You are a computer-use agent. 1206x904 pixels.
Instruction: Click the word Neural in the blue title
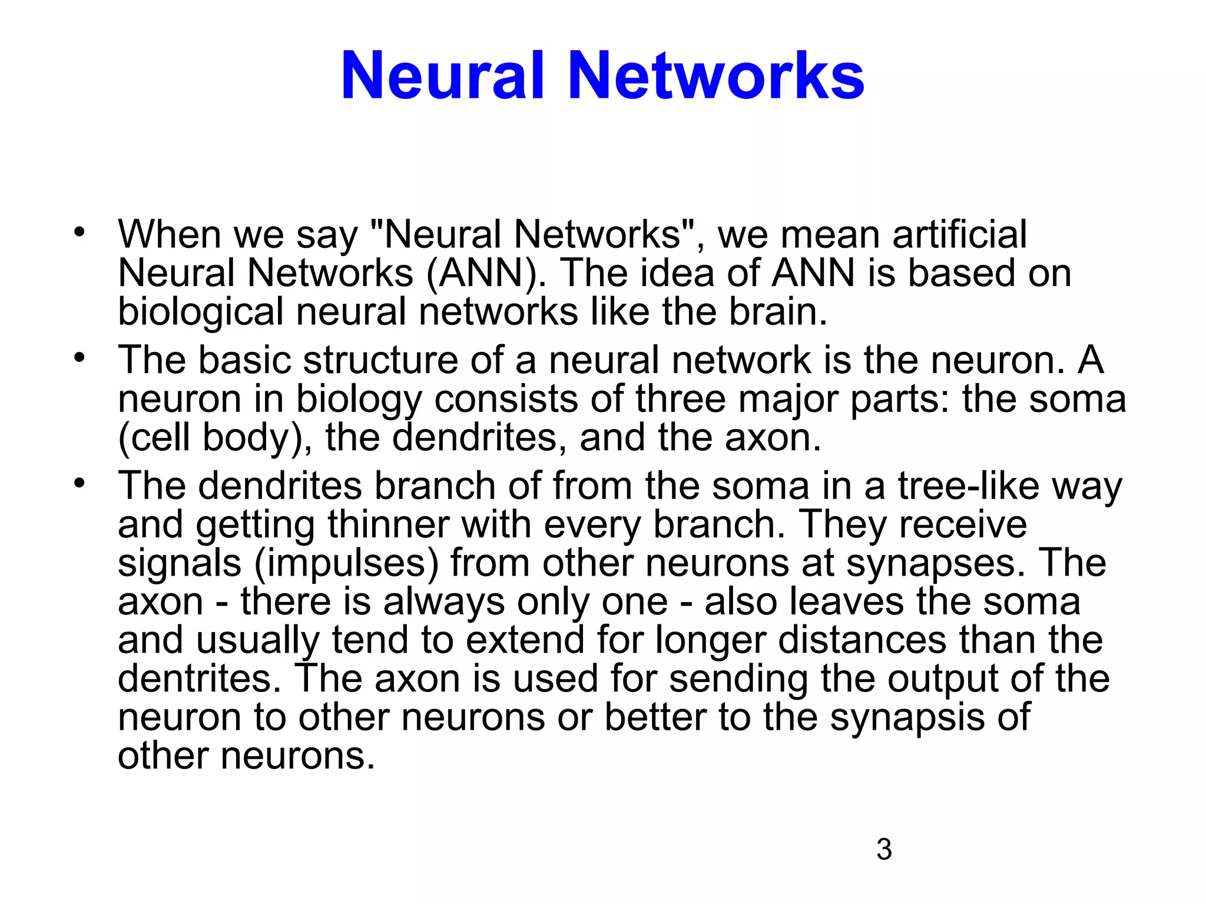coord(443,77)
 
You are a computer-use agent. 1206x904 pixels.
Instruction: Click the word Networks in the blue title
coord(716,77)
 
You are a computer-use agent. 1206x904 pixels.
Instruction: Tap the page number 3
coord(884,850)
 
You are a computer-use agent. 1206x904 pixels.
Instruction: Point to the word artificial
coord(960,234)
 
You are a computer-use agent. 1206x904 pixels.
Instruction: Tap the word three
coord(681,399)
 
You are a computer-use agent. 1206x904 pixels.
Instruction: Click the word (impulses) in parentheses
coord(347,564)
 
